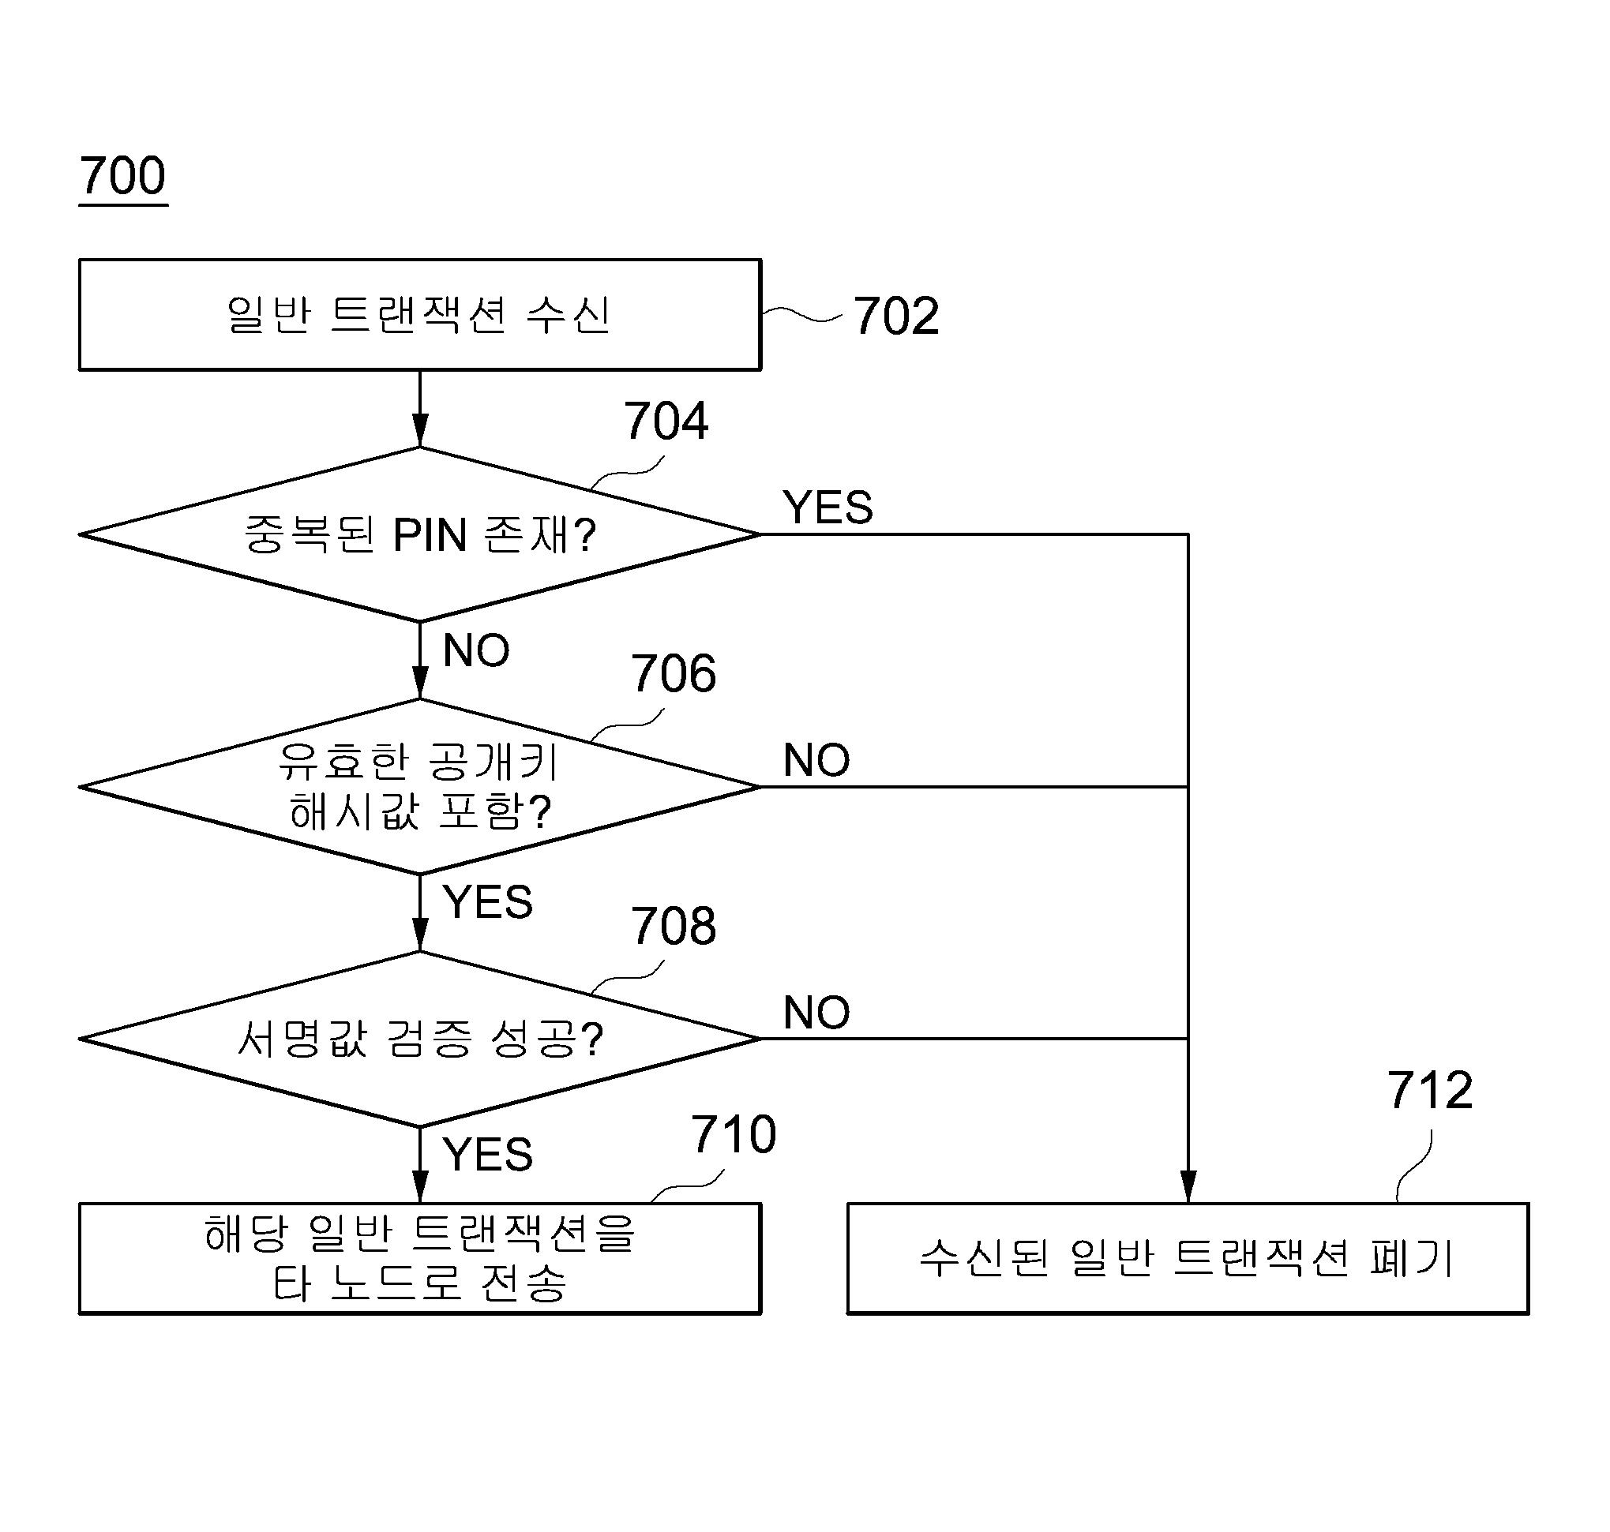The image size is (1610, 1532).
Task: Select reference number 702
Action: point(896,316)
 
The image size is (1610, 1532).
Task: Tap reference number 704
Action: point(666,421)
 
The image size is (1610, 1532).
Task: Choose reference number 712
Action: point(1429,1090)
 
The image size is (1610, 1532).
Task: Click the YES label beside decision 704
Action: point(828,508)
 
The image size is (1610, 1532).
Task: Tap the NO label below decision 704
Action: point(476,651)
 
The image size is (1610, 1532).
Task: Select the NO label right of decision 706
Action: point(816,760)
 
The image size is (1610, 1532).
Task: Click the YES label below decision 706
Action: point(488,902)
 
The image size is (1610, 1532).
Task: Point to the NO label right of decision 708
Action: point(816,1013)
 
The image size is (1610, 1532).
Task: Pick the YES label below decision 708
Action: point(488,1155)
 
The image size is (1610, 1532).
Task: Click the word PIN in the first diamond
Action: point(430,536)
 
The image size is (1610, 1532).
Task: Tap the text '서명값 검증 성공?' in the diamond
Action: point(421,1039)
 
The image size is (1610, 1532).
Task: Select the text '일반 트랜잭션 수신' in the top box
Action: point(418,315)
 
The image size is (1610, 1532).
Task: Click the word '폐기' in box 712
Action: point(1412,1258)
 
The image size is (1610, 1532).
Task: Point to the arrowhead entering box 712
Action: point(1188,1187)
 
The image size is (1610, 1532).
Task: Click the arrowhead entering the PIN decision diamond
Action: point(420,431)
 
